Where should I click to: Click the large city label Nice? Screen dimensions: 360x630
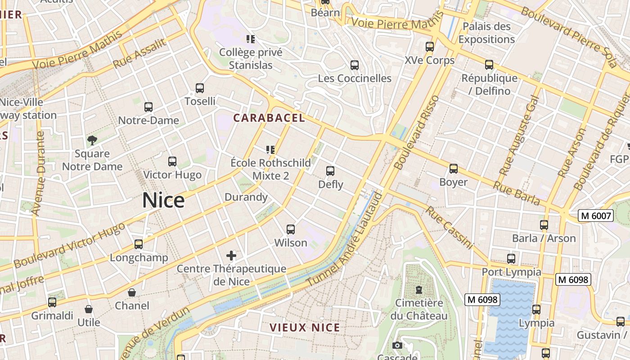click(x=163, y=200)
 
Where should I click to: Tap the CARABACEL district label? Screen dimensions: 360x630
click(x=269, y=118)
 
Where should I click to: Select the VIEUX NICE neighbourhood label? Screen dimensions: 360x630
click(x=305, y=328)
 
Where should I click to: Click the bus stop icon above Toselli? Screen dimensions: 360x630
click(x=200, y=88)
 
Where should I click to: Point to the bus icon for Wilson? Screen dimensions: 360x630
click(x=291, y=229)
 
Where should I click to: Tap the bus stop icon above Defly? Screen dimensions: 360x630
click(x=330, y=171)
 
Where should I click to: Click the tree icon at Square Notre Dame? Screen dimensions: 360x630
click(x=92, y=140)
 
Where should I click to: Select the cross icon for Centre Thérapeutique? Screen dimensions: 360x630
click(x=231, y=256)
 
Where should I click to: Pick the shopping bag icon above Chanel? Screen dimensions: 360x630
click(x=132, y=292)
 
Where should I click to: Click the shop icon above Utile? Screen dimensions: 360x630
click(x=89, y=309)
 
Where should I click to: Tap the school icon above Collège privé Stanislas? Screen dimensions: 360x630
click(x=251, y=39)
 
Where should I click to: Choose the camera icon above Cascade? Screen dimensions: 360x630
click(x=397, y=345)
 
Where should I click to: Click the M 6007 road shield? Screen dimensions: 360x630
click(x=596, y=216)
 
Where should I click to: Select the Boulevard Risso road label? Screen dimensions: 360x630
click(x=417, y=132)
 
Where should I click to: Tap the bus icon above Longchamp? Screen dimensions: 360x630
click(x=139, y=244)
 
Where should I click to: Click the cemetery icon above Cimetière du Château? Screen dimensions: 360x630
click(x=419, y=289)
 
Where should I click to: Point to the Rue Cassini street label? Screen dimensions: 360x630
click(x=450, y=228)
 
